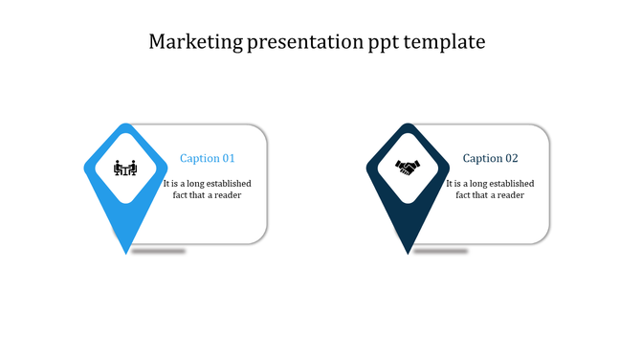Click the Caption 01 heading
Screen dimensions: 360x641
coord(208,159)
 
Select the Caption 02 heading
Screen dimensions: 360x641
coord(490,159)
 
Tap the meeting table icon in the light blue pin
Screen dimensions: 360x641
coord(125,168)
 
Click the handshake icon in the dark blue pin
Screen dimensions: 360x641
coord(408,168)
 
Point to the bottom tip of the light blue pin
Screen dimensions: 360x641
coord(126,253)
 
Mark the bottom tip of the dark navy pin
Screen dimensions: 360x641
coord(409,253)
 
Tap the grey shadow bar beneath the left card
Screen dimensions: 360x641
coord(158,251)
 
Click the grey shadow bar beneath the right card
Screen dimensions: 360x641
coord(440,251)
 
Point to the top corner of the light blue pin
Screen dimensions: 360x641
coord(125,124)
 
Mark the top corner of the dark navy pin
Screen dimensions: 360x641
coord(409,124)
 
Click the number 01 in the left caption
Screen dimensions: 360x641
coord(228,159)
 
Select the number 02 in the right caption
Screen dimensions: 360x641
coord(511,159)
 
